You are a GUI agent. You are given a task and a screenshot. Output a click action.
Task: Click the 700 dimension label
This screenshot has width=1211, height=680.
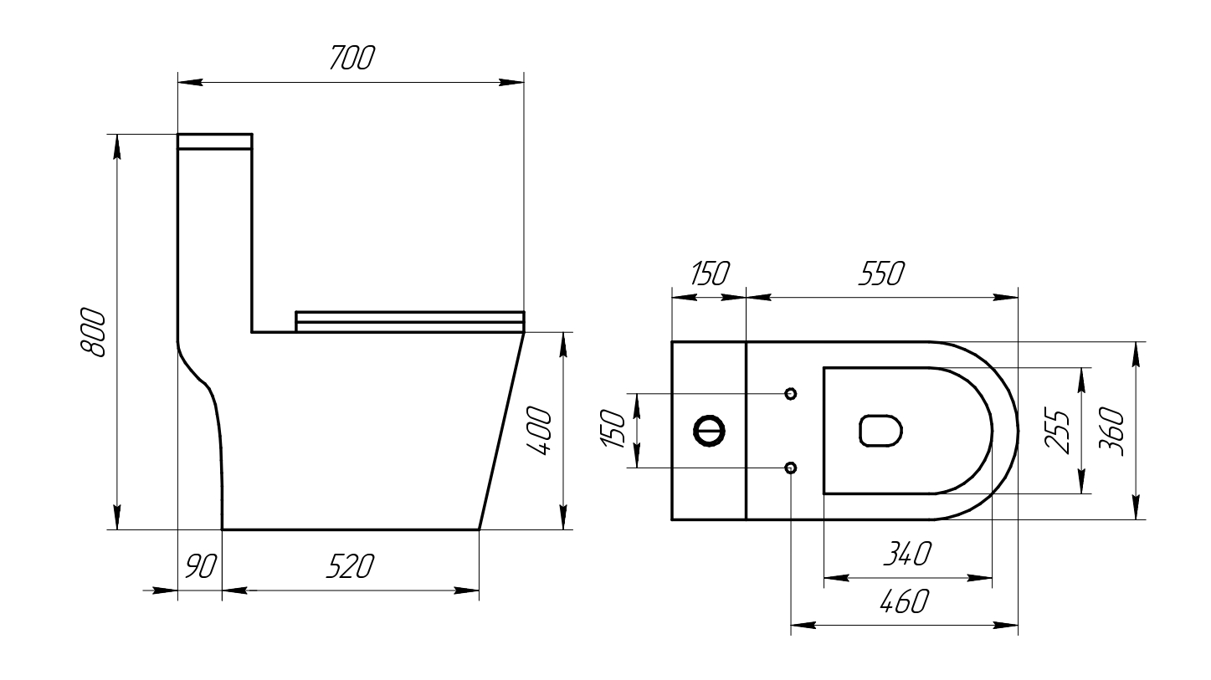coord(352,58)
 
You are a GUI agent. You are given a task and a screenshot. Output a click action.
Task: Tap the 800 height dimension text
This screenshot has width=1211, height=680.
coord(92,332)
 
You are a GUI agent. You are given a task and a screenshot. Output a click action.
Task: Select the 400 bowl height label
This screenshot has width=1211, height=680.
coord(539,431)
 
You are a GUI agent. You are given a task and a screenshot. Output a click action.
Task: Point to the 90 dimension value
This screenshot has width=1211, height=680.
coord(201,566)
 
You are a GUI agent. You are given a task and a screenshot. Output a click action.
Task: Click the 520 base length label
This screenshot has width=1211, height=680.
coord(351,566)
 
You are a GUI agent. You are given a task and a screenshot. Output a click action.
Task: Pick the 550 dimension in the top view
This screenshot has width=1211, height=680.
coord(882,274)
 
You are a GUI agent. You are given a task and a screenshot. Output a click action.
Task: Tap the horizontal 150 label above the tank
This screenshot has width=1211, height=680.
coord(710,274)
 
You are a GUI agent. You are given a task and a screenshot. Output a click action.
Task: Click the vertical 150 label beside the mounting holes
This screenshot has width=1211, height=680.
coord(613,429)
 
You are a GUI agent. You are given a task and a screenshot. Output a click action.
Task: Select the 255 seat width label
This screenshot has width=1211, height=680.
coord(1057,431)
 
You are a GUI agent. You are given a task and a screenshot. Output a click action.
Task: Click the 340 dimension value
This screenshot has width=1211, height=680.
coord(908,554)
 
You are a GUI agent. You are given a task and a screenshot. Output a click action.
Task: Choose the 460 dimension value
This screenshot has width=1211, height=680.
coord(905,601)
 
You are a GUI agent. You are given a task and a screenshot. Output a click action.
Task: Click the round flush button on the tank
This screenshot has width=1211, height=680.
coord(709,431)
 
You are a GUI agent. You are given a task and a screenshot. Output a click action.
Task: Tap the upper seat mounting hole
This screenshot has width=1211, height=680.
coord(790,394)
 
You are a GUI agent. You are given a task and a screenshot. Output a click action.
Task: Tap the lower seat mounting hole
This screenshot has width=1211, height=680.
coord(790,468)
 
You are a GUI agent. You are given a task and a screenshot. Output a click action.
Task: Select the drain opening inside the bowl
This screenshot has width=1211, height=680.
coord(880,431)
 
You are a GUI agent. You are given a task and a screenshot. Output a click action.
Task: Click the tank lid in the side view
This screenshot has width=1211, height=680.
coord(215,141)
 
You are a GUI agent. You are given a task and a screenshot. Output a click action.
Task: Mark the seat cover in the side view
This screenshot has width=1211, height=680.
coord(410,321)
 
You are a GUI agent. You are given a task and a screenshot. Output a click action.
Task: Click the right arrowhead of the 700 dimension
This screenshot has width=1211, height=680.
coord(511,83)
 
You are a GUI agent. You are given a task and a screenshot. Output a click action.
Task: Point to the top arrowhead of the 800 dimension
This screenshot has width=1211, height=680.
coord(117,147)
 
